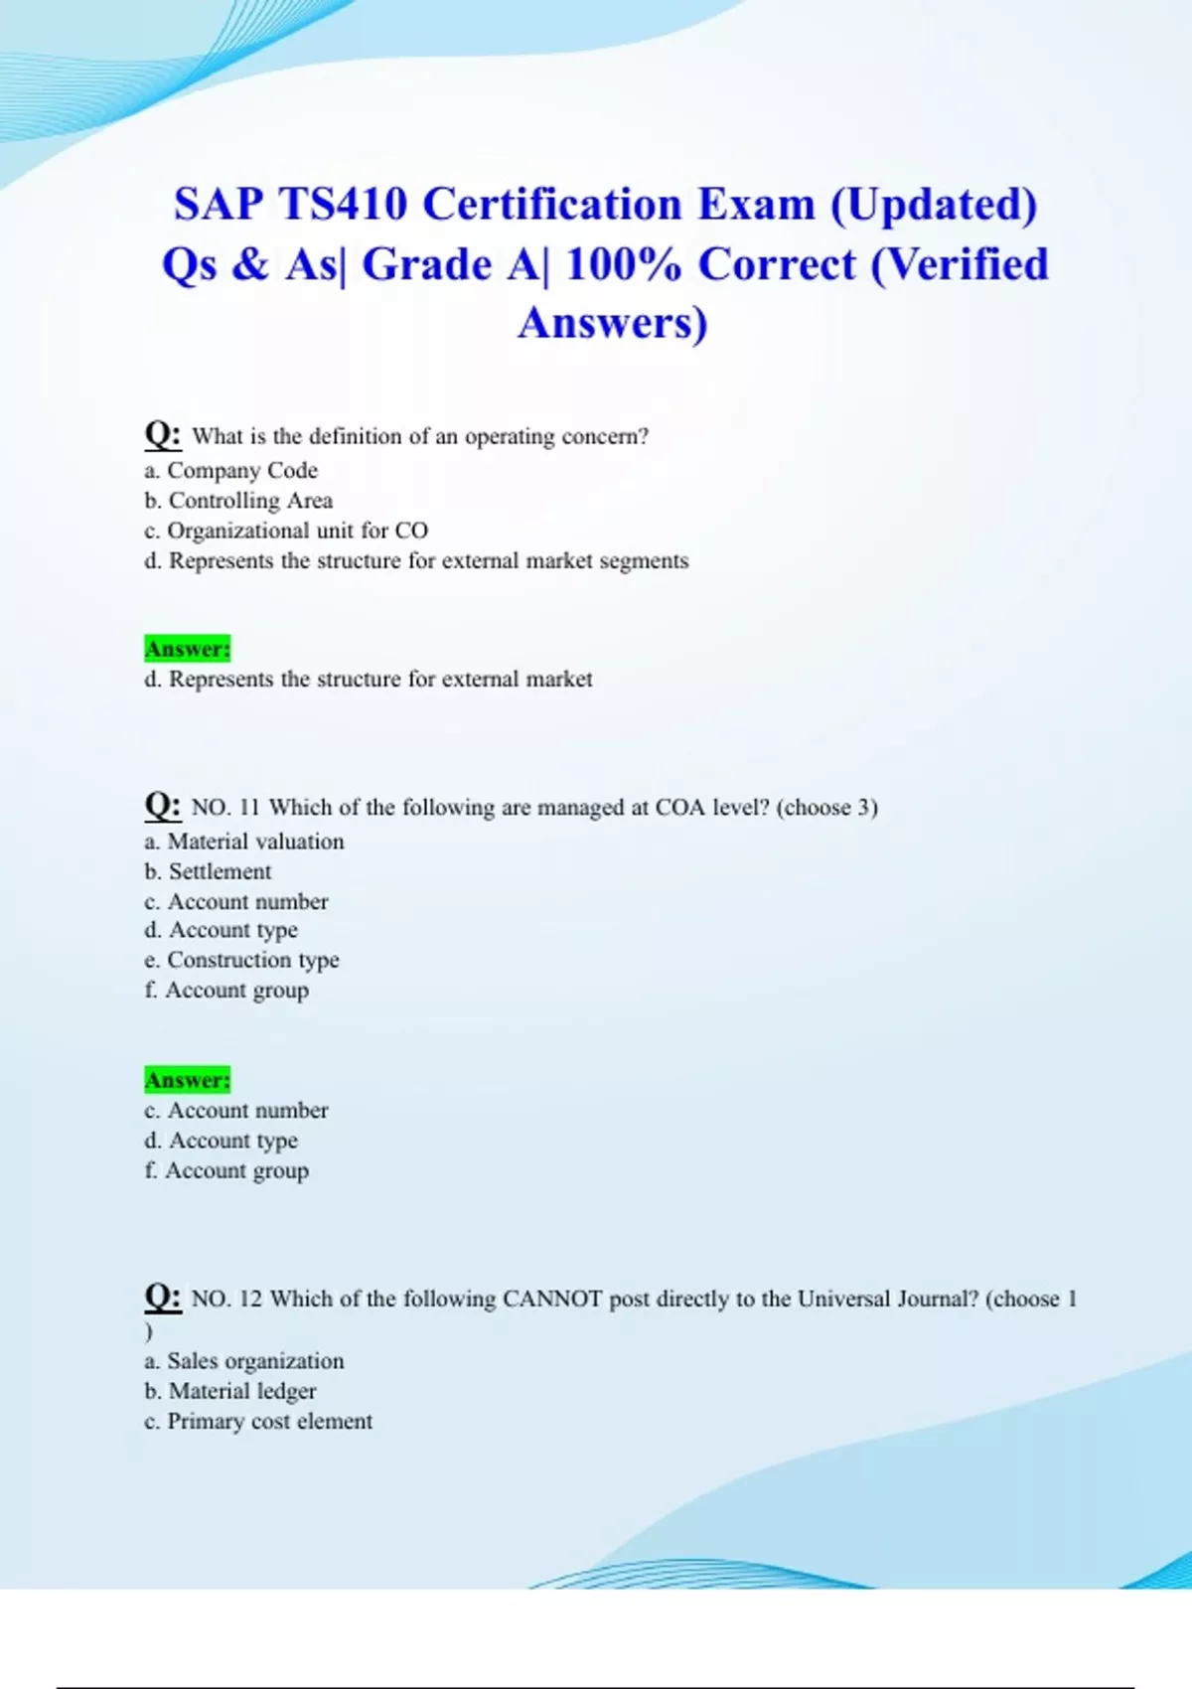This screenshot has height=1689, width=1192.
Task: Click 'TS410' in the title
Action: [x=343, y=205]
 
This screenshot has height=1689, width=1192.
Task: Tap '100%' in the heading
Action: [x=622, y=265]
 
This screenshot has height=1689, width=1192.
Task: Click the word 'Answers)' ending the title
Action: [x=612, y=323]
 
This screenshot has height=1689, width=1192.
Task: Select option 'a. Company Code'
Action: [x=230, y=471]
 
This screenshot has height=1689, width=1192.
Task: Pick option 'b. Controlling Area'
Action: [x=238, y=501]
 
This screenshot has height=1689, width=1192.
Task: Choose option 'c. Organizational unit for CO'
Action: [x=286, y=531]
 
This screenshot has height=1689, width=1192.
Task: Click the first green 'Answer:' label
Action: [x=187, y=649]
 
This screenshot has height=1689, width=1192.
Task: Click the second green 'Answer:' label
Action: [x=187, y=1080]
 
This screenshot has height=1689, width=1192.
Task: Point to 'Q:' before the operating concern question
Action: [x=162, y=434]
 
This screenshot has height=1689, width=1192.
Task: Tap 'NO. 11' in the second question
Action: [x=224, y=808]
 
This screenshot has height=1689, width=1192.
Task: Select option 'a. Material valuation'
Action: [x=244, y=842]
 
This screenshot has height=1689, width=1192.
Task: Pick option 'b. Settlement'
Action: [x=208, y=871]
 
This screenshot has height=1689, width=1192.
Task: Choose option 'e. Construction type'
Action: [x=241, y=961]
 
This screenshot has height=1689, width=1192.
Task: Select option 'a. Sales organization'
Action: [x=244, y=1361]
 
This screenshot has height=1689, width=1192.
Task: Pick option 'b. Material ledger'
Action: [x=230, y=1391]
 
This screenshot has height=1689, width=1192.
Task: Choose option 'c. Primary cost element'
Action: [x=258, y=1422]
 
